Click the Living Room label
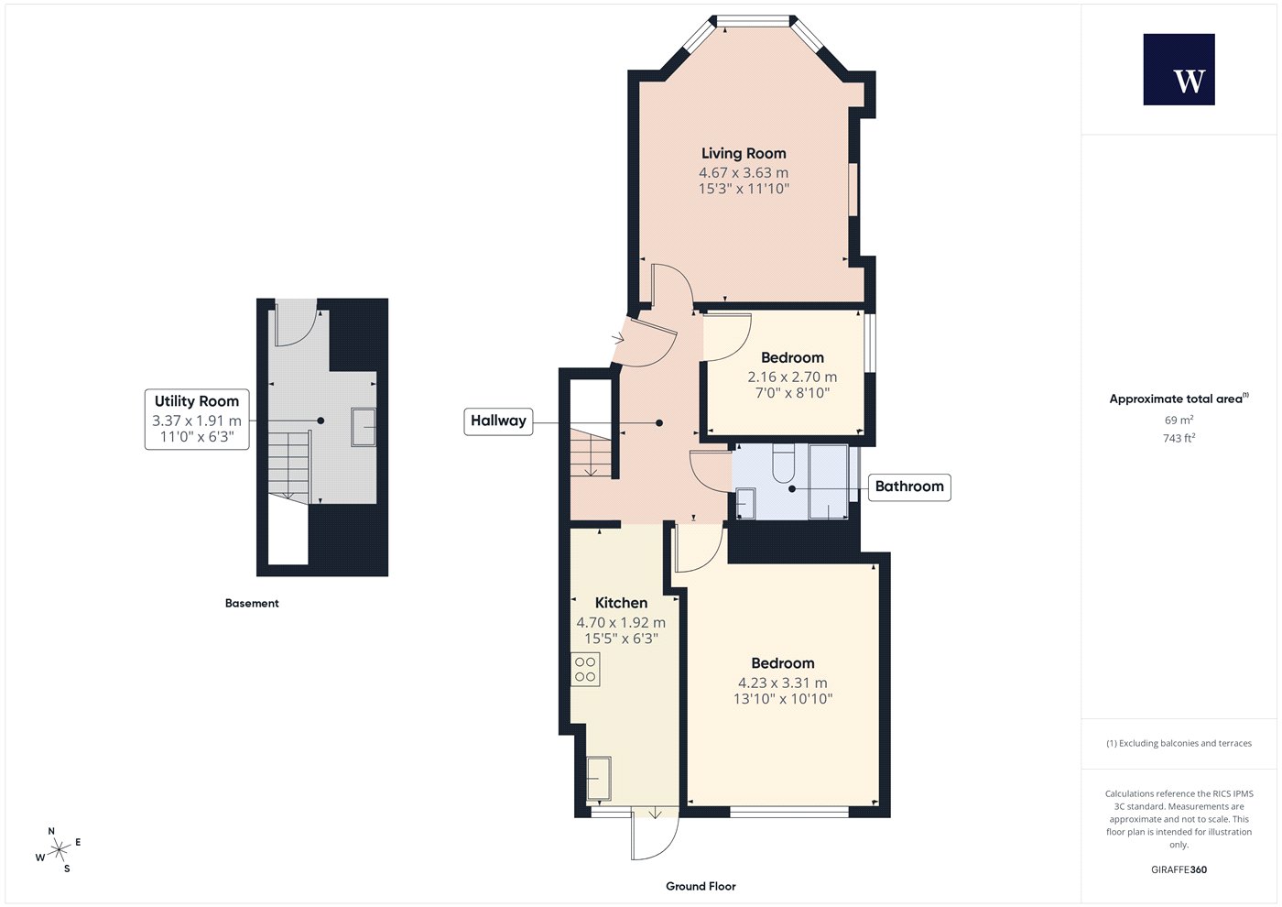pyautogui.click(x=744, y=154)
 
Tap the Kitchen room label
pyautogui.click(x=621, y=603)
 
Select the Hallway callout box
pyautogui.click(x=498, y=421)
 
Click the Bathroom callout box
pyautogui.click(x=909, y=486)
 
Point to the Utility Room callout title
pyautogui.click(x=196, y=401)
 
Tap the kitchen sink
pyautogui.click(x=599, y=778)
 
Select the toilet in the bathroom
pyautogui.click(x=784, y=464)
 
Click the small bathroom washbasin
pyautogui.click(x=745, y=503)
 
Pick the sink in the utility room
pyautogui.click(x=363, y=427)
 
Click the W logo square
pyautogui.click(x=1179, y=70)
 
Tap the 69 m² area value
pyautogui.click(x=1179, y=420)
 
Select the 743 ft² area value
pyautogui.click(x=1179, y=438)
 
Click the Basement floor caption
pyautogui.click(x=252, y=603)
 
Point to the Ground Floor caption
pyautogui.click(x=701, y=887)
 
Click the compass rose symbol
pyautogui.click(x=59, y=850)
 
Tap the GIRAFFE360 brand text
pyautogui.click(x=1179, y=869)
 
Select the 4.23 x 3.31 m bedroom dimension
pyautogui.click(x=782, y=683)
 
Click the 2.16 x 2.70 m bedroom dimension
pyautogui.click(x=792, y=377)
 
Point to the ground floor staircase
pyautogui.click(x=590, y=451)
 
